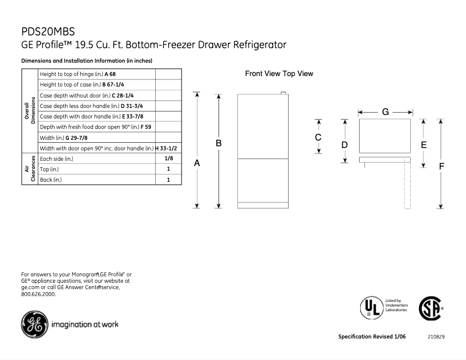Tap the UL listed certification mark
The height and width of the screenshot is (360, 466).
point(371,307)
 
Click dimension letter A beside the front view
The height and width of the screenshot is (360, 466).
point(197,164)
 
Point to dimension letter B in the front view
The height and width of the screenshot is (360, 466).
point(219,143)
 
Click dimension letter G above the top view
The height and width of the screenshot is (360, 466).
point(385,111)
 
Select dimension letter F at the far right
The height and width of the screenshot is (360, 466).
point(441,166)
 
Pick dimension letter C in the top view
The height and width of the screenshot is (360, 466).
point(318,138)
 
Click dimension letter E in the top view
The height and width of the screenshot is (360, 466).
point(424,145)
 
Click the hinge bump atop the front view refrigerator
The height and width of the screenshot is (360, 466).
point(283,92)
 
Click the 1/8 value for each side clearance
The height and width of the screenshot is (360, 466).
point(169,159)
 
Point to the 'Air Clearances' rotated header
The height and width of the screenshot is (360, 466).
point(30,169)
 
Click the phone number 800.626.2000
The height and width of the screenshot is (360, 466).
point(38,294)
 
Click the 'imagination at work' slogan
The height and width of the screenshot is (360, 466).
point(85,324)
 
